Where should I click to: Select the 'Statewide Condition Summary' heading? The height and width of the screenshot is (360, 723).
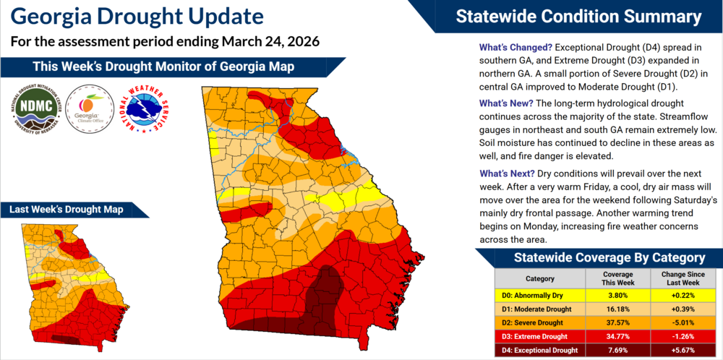click(578, 17)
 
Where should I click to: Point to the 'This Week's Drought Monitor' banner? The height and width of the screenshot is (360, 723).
click(163, 67)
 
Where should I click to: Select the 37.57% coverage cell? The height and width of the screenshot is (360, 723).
click(618, 322)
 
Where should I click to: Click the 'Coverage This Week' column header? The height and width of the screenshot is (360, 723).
click(618, 279)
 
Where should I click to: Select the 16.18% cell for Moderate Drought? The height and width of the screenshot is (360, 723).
click(618, 309)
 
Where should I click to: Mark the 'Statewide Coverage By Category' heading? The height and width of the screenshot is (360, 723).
click(598, 257)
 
